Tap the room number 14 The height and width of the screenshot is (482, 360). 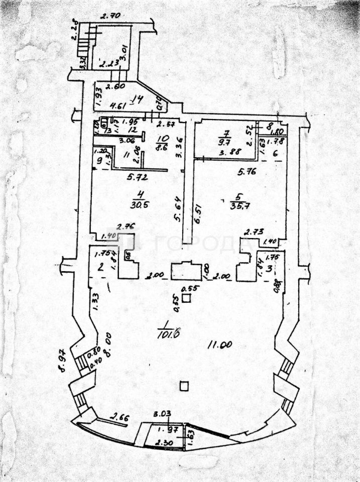click(137, 98)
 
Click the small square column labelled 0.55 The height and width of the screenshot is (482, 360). click(186, 298)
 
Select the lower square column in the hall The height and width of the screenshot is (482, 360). click(184, 386)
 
